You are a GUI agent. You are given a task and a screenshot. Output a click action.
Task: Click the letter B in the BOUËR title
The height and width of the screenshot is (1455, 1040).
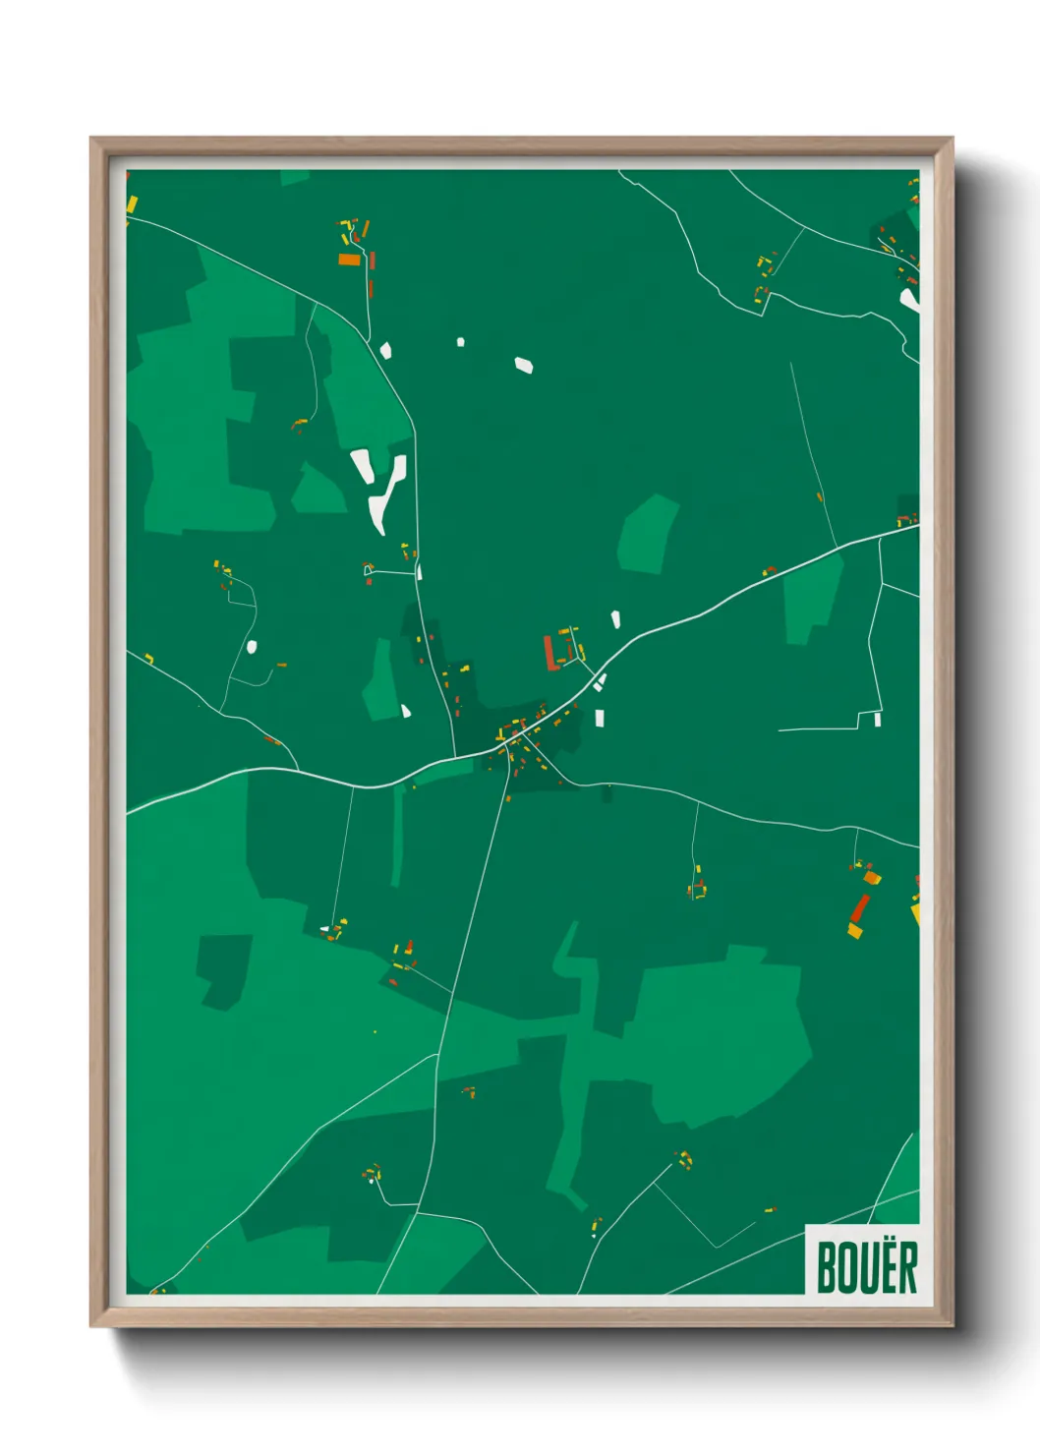coord(828,1267)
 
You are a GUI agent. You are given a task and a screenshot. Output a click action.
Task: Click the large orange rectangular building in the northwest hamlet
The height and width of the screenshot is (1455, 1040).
coord(349,260)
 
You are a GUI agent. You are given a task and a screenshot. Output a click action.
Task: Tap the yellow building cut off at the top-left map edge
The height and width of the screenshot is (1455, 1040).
coord(131,204)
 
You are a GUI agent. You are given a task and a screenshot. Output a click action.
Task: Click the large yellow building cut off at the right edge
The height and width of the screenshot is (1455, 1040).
coord(915,913)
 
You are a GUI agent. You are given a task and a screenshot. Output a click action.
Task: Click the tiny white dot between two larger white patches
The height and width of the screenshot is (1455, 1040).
coord(460,342)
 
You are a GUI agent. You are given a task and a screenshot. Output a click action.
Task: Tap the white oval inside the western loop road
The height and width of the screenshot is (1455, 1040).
coord(252,647)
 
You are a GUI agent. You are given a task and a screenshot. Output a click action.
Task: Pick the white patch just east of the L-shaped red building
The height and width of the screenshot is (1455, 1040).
coord(615,619)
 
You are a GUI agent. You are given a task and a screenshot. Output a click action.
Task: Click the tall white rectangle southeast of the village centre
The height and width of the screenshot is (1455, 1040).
coord(599,718)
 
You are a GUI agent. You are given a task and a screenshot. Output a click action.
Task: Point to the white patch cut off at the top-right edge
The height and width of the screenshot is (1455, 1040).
coord(910,299)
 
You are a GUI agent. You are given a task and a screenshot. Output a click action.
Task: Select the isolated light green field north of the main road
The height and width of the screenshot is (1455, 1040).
coord(648,534)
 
